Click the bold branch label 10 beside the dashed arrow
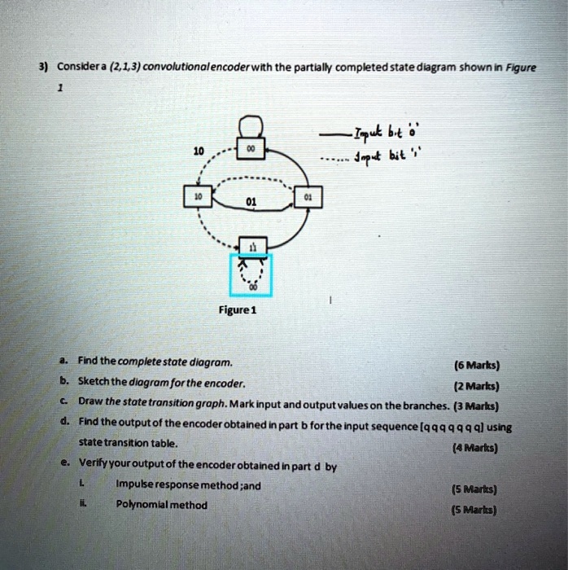pos(198,151)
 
